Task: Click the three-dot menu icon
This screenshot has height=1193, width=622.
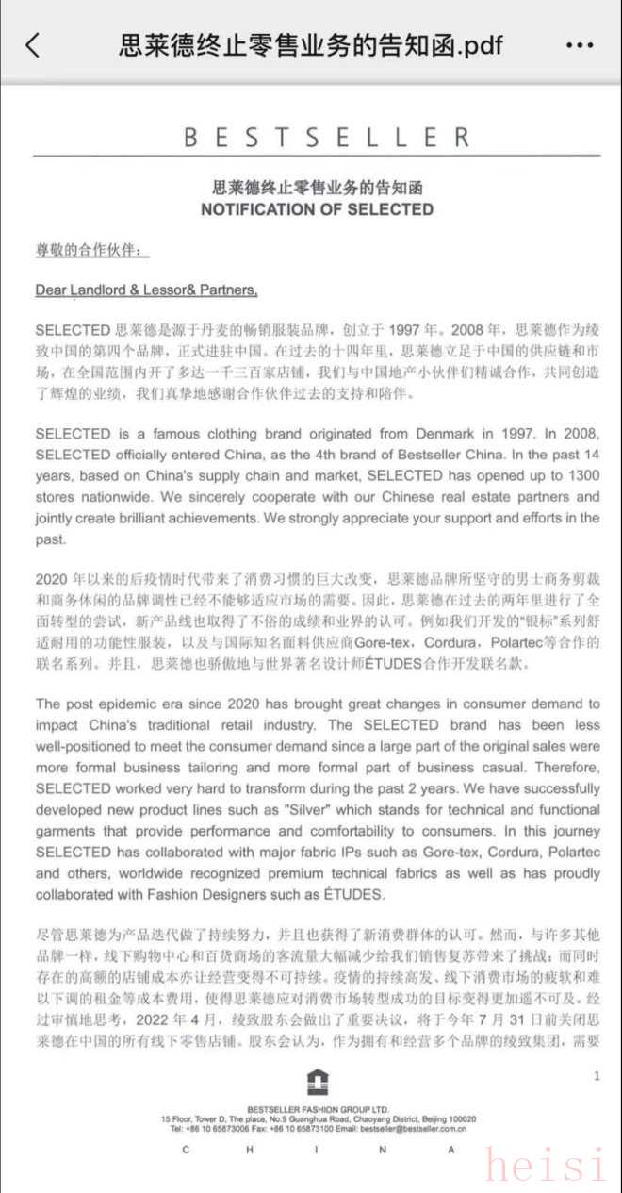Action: pos(580,44)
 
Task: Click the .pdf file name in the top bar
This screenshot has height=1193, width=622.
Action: pos(311,44)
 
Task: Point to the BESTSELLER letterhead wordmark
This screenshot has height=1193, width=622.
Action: pos(326,138)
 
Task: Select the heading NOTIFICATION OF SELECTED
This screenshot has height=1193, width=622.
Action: pos(317,209)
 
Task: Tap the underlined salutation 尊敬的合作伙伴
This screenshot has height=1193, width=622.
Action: pos(90,250)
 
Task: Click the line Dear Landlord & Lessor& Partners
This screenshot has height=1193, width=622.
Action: pos(146,290)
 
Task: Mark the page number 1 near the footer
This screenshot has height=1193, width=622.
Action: pos(596,1076)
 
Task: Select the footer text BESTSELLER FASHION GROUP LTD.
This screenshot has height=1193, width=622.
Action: pos(318,1109)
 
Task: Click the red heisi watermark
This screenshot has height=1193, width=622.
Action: pos(546,1166)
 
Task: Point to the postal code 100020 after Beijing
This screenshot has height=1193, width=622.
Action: pos(461,1118)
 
